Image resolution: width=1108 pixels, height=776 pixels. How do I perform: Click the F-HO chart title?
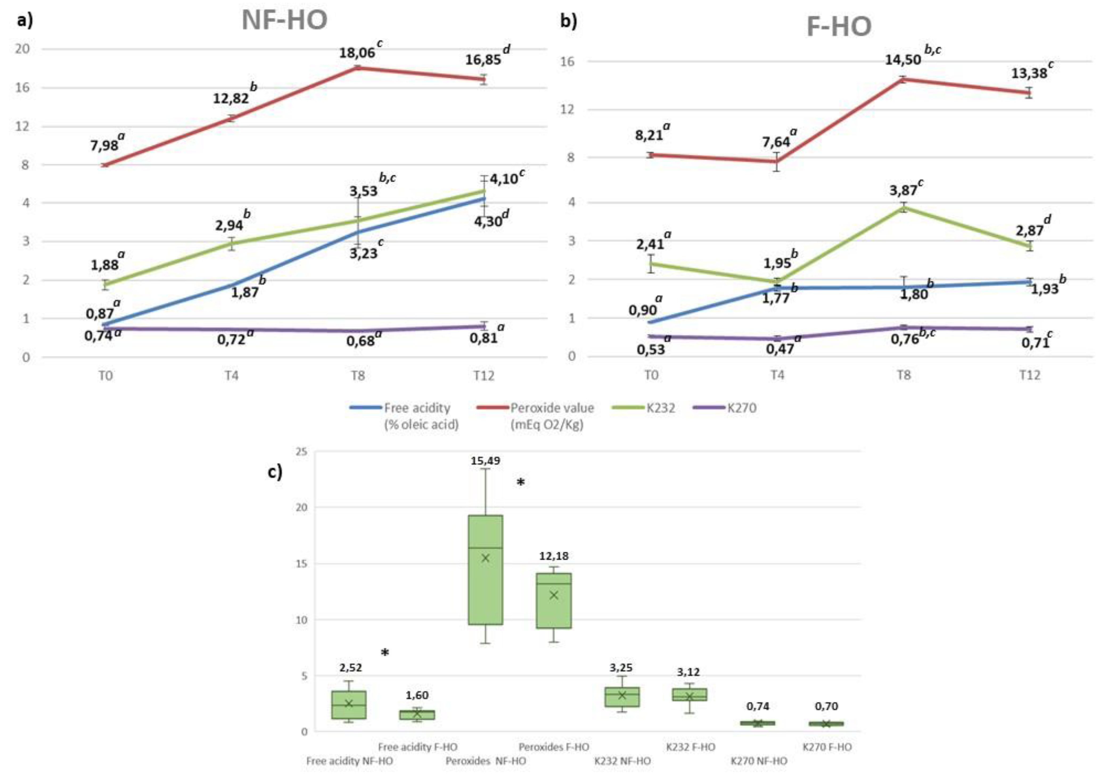click(839, 27)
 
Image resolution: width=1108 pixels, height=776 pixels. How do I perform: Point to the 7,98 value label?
click(104, 145)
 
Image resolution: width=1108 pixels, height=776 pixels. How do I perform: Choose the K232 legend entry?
click(660, 408)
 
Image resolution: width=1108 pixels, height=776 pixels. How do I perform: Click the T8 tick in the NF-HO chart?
click(358, 375)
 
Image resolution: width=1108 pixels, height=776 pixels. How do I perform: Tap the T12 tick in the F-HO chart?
click(1029, 375)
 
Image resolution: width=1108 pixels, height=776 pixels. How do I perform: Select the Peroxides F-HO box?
click(554, 600)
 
